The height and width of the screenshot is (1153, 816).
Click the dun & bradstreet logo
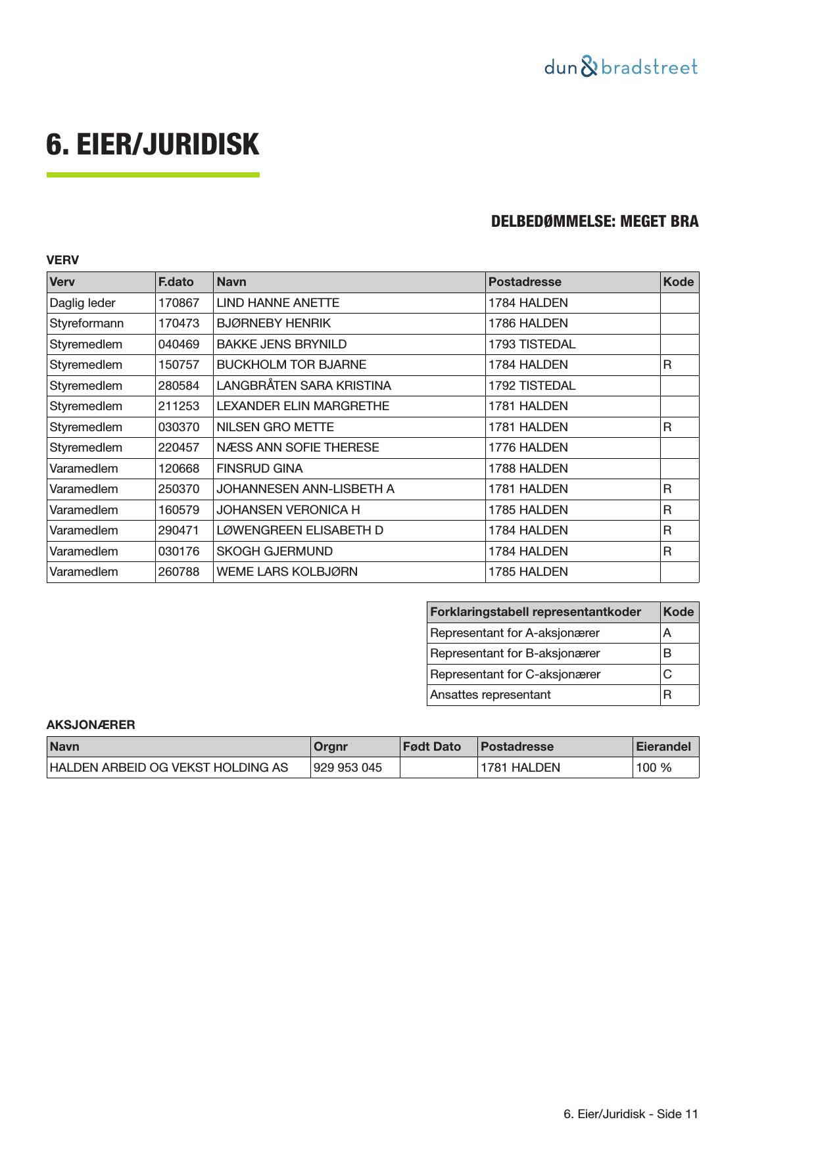pyautogui.click(x=621, y=67)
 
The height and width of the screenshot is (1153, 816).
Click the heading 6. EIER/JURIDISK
pyautogui.click(x=153, y=145)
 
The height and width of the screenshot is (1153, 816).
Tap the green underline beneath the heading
pyautogui.click(x=153, y=175)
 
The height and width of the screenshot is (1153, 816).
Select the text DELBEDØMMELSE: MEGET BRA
pyautogui.click(x=594, y=222)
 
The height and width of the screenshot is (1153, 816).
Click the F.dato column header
pyautogui.click(x=176, y=282)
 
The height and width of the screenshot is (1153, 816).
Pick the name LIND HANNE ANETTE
pyautogui.click(x=277, y=303)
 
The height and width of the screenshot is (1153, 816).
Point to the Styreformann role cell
pyautogui.click(x=87, y=323)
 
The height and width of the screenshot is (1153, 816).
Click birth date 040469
pyautogui.click(x=179, y=344)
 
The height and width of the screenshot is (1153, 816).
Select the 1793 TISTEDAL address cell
pyautogui.click(x=532, y=344)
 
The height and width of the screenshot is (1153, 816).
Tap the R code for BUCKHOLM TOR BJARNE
pyautogui.click(x=667, y=365)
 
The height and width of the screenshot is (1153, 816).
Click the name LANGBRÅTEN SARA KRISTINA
pyautogui.click(x=304, y=386)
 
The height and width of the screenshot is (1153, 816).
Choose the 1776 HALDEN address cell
pyautogui.click(x=528, y=448)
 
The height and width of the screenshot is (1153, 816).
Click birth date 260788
pyautogui.click(x=179, y=572)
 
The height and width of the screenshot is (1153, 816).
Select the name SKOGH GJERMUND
pyautogui.click(x=275, y=552)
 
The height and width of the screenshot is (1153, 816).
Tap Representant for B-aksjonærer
pyautogui.click(x=515, y=653)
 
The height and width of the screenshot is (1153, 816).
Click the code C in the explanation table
pyautogui.click(x=667, y=674)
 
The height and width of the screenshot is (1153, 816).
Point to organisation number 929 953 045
pyautogui.click(x=348, y=768)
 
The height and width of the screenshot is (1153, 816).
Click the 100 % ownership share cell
pyautogui.click(x=654, y=768)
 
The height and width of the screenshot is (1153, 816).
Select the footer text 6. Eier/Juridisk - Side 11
pyautogui.click(x=631, y=1114)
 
